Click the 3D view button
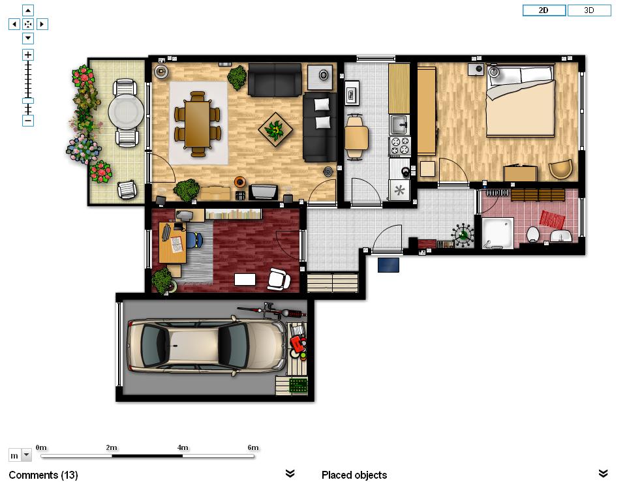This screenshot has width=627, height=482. coord(589,10)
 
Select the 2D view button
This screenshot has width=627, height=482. coord(544,10)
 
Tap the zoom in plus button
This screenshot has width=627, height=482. coord(28,55)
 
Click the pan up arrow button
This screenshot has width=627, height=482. coord(28,10)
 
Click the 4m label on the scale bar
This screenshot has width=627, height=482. coord(183,447)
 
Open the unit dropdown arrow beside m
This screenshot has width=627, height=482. coord(26,455)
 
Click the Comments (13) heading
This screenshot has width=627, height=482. coord(43,475)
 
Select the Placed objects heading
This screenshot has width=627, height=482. coord(354,475)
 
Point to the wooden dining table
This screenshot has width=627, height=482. coord(198,124)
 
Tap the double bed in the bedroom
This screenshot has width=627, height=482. coord(521,100)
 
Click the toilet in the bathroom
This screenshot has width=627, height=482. coord(533,234)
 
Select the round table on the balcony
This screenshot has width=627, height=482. coord(126,112)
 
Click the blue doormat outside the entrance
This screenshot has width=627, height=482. coord(388,265)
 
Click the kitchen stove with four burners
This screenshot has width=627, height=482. coord(400,146)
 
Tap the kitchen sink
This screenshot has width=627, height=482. coord(399,125)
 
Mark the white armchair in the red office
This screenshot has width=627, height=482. coord(279,279)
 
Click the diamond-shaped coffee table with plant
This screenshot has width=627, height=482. coord(275,130)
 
